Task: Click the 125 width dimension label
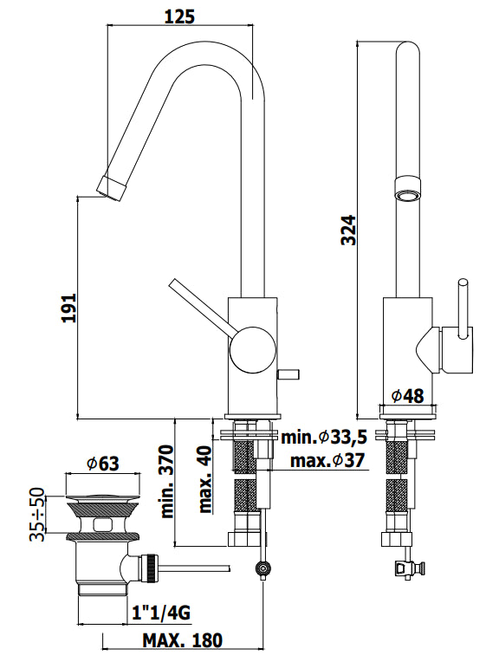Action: click(178, 16)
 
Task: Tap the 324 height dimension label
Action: click(347, 230)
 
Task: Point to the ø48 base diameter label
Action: click(407, 395)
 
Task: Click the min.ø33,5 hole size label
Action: click(323, 437)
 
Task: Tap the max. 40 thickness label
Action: click(204, 479)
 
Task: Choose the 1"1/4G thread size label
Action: click(162, 614)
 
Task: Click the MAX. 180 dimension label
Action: click(184, 641)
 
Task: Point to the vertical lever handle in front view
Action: click(463, 308)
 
